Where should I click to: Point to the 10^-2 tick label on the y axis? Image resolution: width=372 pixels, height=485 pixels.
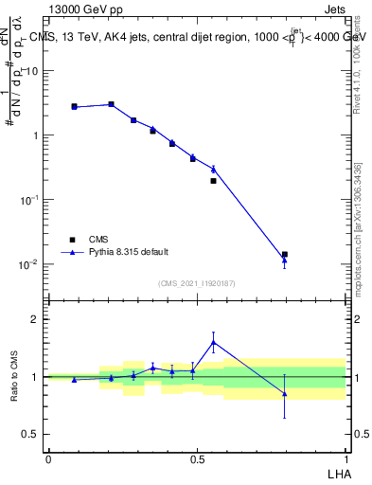pyautogui.click(x=29, y=264)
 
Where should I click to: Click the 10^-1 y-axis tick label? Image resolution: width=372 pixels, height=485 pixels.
pyautogui.click(x=29, y=200)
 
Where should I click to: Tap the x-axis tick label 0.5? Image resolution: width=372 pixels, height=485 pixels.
pyautogui.click(x=196, y=459)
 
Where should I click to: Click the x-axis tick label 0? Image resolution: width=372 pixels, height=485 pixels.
pyautogui.click(x=48, y=459)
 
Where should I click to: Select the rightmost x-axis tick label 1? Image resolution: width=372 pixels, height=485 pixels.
pyautogui.click(x=345, y=459)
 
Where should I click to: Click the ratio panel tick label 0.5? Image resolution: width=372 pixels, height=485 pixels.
pyautogui.click(x=31, y=435)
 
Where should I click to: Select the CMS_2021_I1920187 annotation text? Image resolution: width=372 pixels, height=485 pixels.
pyautogui.click(x=196, y=283)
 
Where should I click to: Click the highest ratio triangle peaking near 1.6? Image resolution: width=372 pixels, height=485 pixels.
pyautogui.click(x=214, y=342)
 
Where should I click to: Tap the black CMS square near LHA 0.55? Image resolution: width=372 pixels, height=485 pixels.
pyautogui.click(x=214, y=180)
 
